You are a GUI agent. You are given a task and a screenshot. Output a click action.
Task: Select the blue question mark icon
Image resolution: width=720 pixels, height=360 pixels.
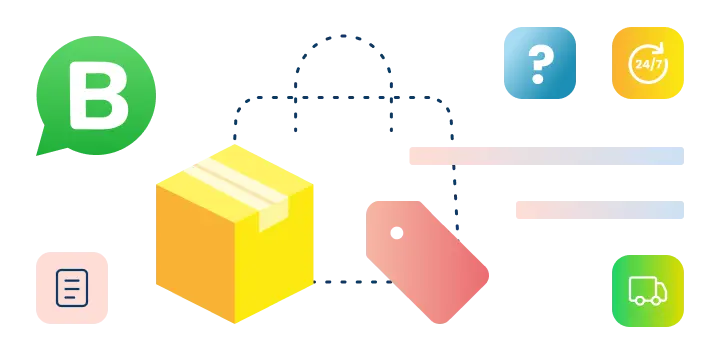point(540,63)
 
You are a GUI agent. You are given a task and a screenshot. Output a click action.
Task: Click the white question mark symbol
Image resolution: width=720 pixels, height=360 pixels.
point(540,63)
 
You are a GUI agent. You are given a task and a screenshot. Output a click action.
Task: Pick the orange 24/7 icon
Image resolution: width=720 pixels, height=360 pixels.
point(648,63)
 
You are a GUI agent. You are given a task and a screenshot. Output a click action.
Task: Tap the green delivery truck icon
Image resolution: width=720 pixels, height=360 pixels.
point(648,291)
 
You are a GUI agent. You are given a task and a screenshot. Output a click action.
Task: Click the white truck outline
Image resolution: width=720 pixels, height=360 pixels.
point(648,291)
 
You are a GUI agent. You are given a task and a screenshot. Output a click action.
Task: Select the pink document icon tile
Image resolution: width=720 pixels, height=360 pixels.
point(72,288)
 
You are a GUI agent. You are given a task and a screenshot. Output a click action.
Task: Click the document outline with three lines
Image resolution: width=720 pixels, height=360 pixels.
point(72,288)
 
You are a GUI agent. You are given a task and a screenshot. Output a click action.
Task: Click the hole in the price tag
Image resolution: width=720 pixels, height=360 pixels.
point(397,233)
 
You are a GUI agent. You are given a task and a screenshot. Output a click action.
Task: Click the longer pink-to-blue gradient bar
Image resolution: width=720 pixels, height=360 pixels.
point(547,156)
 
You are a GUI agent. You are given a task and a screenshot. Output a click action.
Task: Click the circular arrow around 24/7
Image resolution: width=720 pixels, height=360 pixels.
point(664,48)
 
